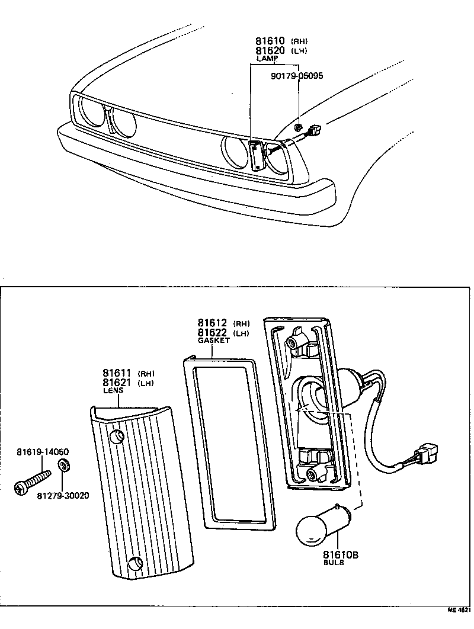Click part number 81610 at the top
coord(271,41)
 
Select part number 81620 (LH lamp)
coord(271,51)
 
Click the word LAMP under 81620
coord(267,59)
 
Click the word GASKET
coord(213,341)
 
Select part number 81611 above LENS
coord(117,373)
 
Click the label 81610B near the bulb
coord(341,555)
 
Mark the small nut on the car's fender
coord(300,126)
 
